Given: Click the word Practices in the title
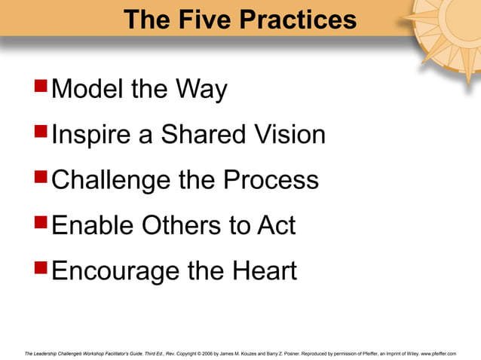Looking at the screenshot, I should coord(297,19).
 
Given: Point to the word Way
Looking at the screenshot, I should coord(201,90).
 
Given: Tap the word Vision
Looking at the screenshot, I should coord(290,136).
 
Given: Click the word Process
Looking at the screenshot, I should coord(271,181).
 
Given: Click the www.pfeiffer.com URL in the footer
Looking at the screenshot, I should coord(439,352).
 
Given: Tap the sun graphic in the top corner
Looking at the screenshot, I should coord(451,30).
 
